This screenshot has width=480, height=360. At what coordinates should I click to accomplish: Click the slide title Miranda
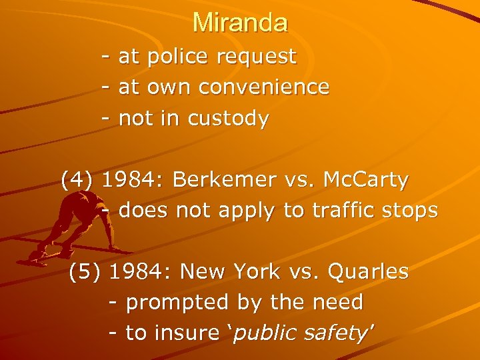(240, 23)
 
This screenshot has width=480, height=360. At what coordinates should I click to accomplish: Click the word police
(178, 57)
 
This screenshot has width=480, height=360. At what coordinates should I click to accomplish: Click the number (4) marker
(78, 180)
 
